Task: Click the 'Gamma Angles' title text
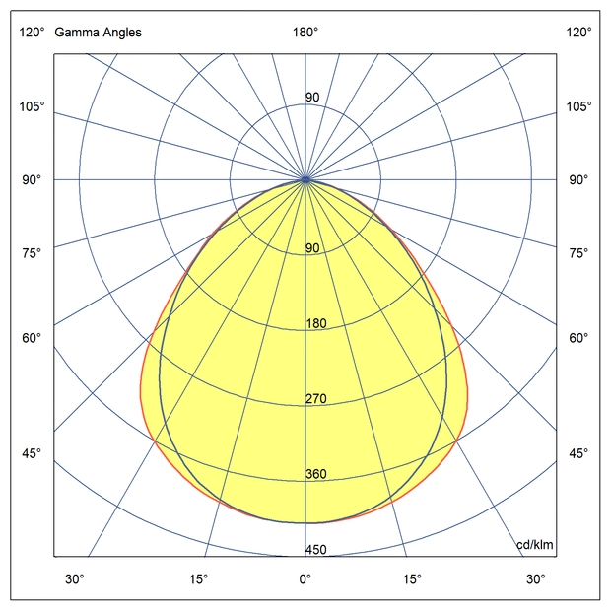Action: click(98, 33)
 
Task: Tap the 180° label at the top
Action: click(305, 33)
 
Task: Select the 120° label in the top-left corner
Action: click(32, 33)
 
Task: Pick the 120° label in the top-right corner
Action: click(578, 33)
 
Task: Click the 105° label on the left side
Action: click(32, 106)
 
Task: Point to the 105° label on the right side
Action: click(578, 106)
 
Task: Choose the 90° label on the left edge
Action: click(32, 180)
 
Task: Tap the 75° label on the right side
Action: click(578, 254)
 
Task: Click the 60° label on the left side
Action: click(32, 339)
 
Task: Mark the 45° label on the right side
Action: click(578, 453)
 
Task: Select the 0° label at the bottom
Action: click(305, 578)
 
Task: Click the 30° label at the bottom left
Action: click(75, 578)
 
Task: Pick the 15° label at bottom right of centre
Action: click(412, 578)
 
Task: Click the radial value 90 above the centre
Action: click(312, 98)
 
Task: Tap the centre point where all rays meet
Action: click(305, 180)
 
